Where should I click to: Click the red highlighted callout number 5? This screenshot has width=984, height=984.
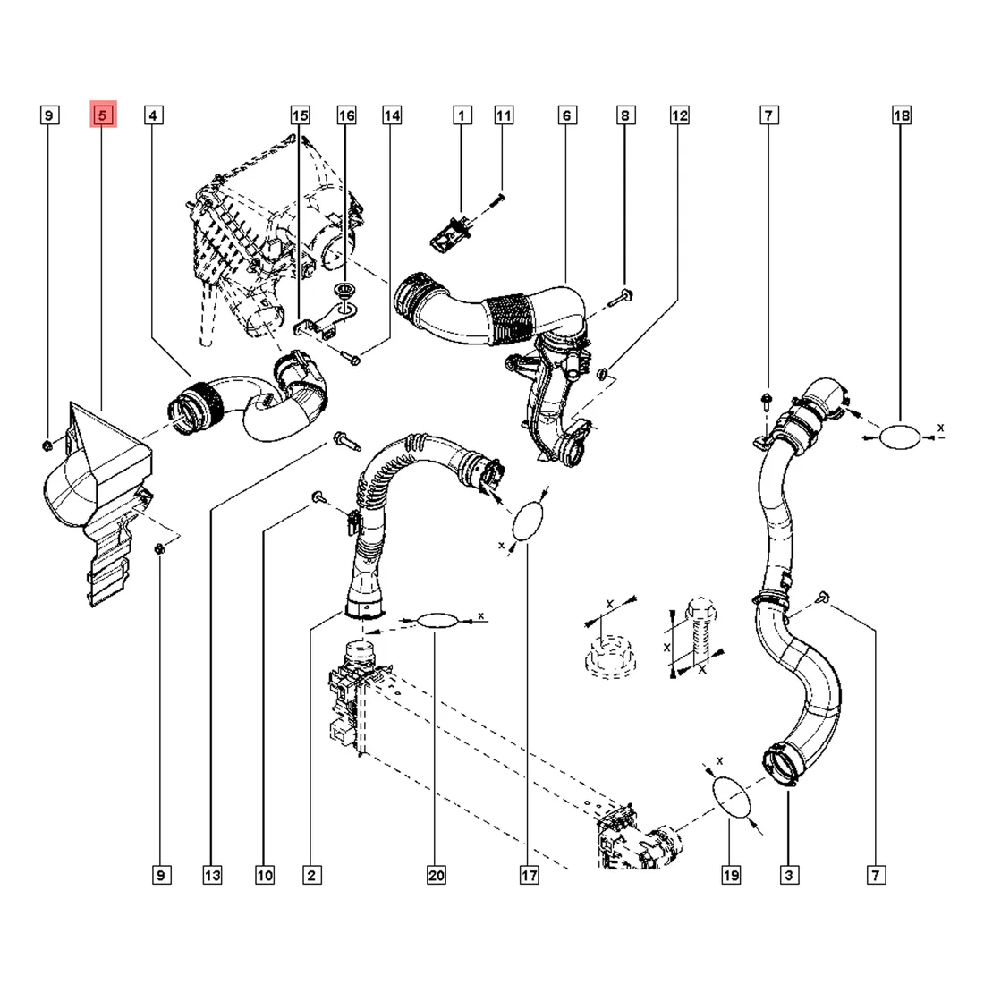(103, 115)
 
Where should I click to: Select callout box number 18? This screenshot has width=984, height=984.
(901, 115)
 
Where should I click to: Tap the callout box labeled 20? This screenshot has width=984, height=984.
(436, 876)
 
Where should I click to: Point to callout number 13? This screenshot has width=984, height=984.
(212, 876)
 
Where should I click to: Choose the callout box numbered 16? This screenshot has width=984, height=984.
(346, 115)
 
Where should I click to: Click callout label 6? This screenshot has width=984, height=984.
(566, 115)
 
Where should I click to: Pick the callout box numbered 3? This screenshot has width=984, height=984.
(788, 876)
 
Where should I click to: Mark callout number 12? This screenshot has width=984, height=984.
(680, 115)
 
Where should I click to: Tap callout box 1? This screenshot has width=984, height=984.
(462, 115)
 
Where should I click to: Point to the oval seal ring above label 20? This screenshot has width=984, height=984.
(436, 620)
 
